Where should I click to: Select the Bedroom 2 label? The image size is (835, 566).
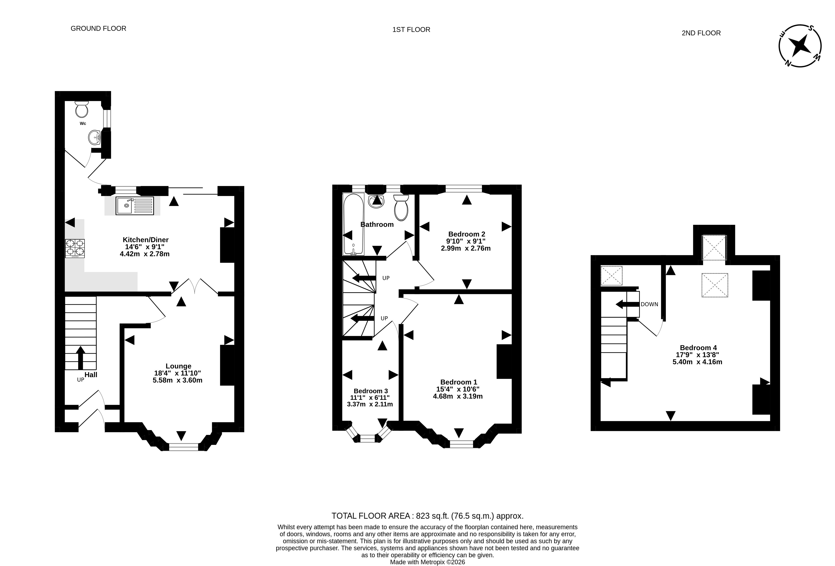(467, 234)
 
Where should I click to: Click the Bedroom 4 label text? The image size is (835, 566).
(698, 348)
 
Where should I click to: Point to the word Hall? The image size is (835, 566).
(91, 375)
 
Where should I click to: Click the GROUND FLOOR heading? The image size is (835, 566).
(98, 28)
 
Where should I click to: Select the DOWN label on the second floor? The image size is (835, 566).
(649, 304)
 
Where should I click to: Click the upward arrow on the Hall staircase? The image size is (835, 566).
(80, 358)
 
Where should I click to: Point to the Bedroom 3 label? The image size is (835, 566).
(371, 391)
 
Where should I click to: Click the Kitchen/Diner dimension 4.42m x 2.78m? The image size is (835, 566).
(144, 254)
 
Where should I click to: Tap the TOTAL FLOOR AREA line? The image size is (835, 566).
(427, 516)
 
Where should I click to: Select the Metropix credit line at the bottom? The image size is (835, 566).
(427, 562)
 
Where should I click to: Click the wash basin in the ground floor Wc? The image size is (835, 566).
(94, 137)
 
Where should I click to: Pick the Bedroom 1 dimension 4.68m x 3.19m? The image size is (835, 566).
(458, 396)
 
